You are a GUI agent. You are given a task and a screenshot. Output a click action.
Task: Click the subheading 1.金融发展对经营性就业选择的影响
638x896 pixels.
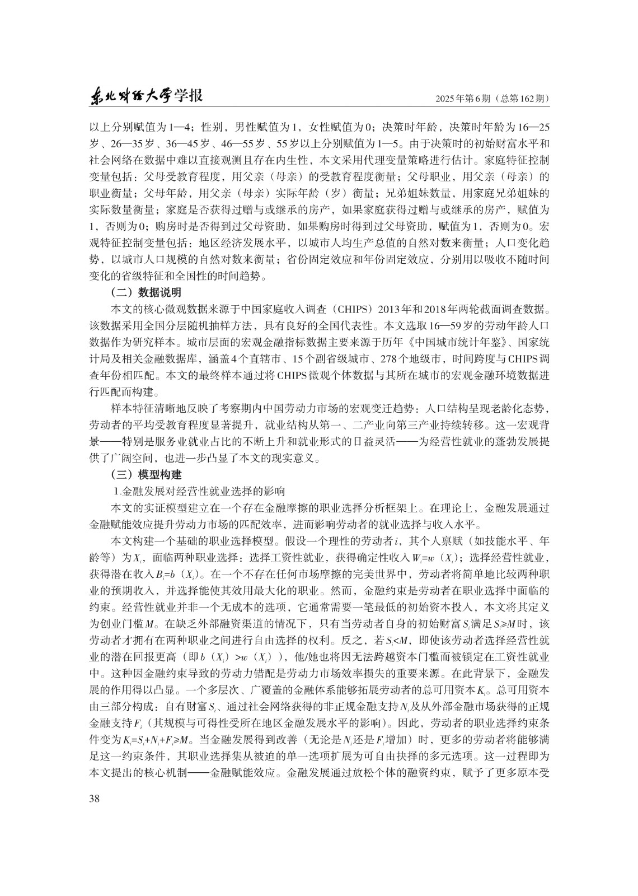click(199, 491)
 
